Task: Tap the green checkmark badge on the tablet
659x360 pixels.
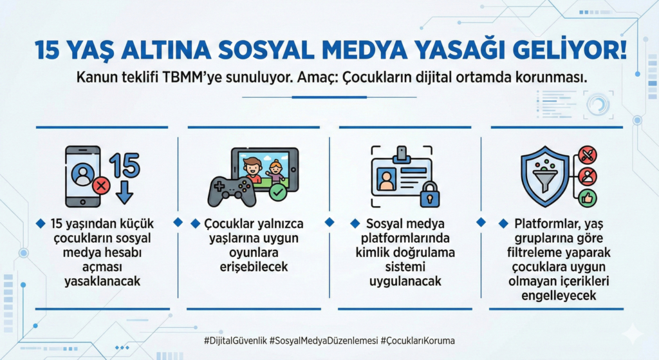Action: pos(278,191)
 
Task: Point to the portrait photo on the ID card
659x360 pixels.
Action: pos(387,180)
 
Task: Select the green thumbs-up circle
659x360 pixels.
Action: pos(587,197)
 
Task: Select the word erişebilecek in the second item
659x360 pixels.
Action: pos(252,267)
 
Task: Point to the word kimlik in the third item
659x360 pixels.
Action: pos(373,252)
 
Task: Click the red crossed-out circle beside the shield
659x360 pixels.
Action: pos(587,155)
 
